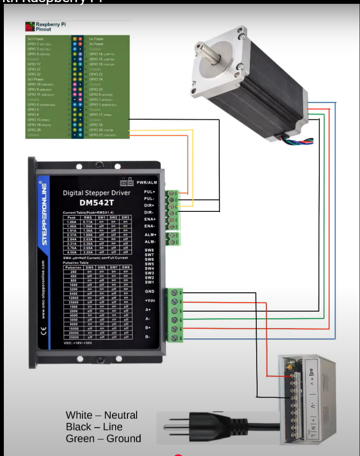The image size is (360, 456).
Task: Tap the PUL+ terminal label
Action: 150,192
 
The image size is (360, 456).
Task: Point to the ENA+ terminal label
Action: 150,219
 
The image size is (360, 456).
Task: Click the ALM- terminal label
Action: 150,242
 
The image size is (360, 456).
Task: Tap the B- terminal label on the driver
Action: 148,337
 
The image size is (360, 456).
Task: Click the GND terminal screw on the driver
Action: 174,293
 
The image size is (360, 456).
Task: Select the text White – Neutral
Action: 102,415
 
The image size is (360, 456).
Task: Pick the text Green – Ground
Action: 103,439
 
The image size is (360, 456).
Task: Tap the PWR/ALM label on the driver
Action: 147,182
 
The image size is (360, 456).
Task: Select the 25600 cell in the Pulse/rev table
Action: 73,302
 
